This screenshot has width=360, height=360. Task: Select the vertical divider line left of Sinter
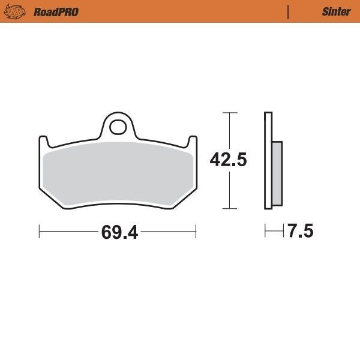coord(289,11)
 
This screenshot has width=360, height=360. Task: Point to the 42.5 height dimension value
coord(229,160)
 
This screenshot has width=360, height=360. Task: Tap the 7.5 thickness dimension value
coord(300,232)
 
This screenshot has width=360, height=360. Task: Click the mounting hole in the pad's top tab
coord(119,127)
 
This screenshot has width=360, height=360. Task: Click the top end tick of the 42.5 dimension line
coord(228,112)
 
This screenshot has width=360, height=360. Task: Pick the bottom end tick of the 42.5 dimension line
coord(228,209)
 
